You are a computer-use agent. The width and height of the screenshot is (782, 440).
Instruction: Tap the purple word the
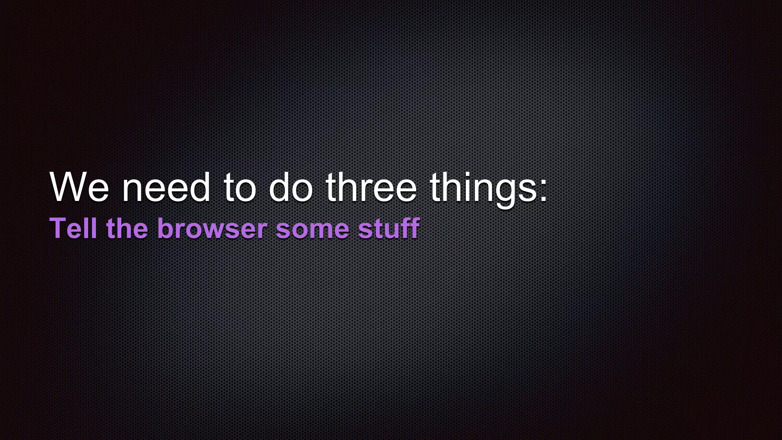click(x=127, y=228)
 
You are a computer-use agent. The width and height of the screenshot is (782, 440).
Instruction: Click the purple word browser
click(x=212, y=229)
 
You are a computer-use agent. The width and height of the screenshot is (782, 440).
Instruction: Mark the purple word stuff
click(x=389, y=228)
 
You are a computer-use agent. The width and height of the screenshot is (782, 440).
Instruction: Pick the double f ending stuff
click(x=412, y=228)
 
